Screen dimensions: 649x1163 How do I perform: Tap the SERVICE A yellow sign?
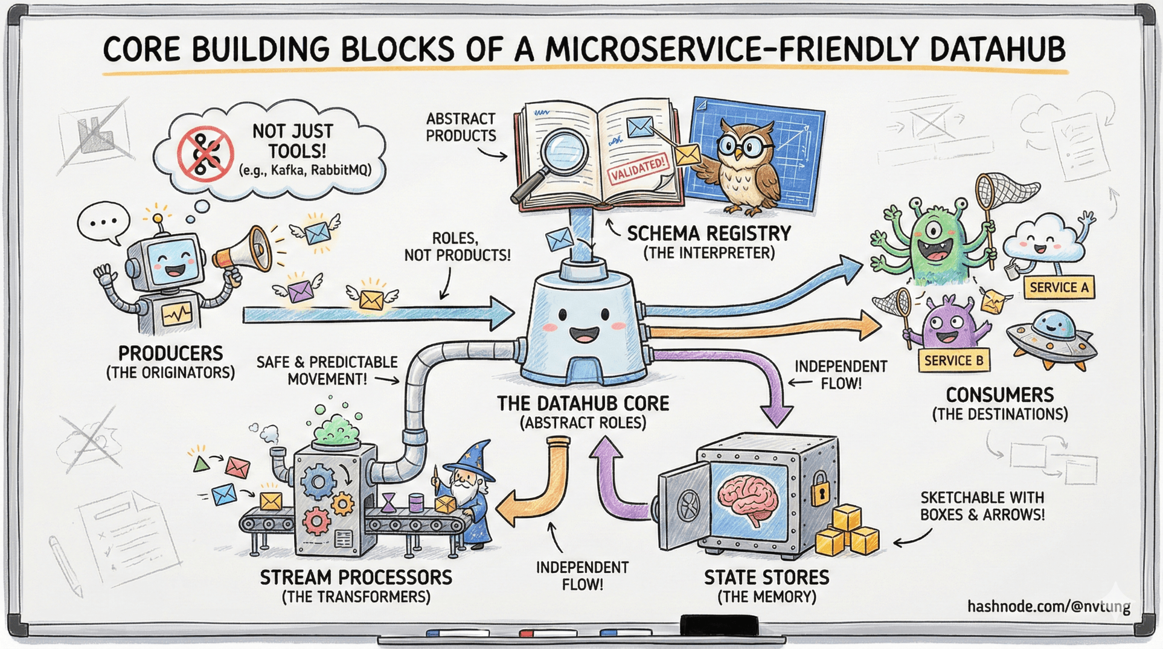(1059, 287)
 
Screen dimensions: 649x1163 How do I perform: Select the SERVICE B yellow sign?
(953, 360)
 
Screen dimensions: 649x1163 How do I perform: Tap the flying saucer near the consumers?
(1051, 338)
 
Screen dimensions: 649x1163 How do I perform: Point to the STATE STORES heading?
(766, 578)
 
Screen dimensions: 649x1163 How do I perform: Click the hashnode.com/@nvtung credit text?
(1048, 606)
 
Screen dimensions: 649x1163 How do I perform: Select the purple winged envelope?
(300, 290)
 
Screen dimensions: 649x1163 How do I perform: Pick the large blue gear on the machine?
(318, 482)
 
